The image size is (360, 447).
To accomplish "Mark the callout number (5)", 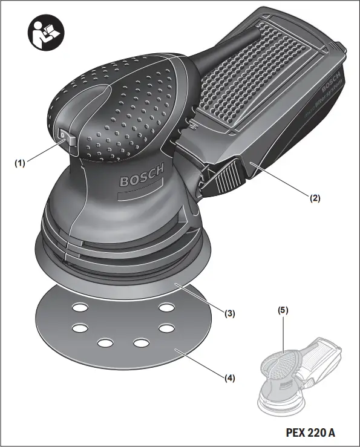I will click(x=283, y=310).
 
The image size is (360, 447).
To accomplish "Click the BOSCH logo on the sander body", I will click(x=141, y=178).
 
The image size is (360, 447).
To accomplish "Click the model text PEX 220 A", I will click(x=310, y=432).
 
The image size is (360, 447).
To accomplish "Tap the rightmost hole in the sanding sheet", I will click(x=165, y=328).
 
